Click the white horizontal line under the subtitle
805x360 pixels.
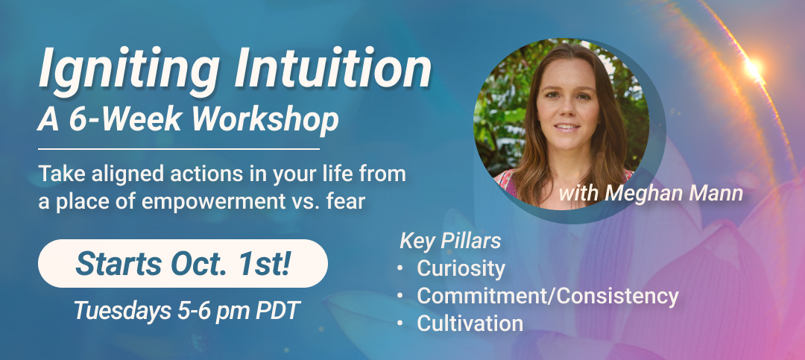[x=179, y=149]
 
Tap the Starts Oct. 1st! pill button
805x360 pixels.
[x=183, y=263]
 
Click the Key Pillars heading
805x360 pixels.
[x=450, y=241]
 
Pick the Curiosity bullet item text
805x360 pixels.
[x=461, y=268]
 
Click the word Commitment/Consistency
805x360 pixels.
[x=548, y=296]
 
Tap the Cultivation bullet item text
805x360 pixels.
[x=470, y=323]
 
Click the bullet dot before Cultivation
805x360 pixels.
[x=400, y=323]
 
